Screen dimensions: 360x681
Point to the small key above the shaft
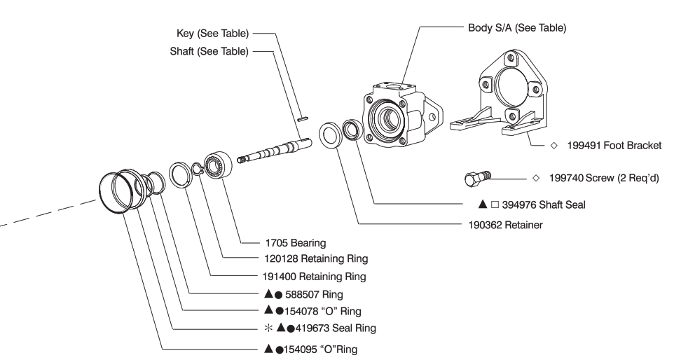[x=302, y=118]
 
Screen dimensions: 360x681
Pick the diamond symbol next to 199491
[x=553, y=146]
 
